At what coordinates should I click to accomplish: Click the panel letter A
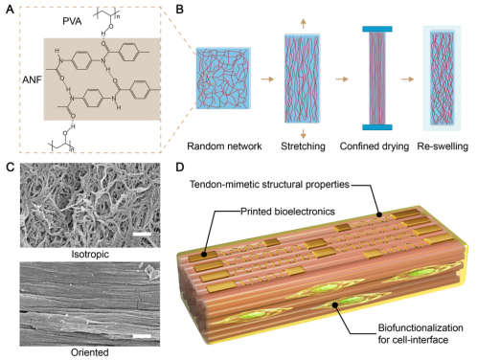(x=9, y=9)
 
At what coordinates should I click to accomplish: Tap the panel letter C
(x=9, y=169)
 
